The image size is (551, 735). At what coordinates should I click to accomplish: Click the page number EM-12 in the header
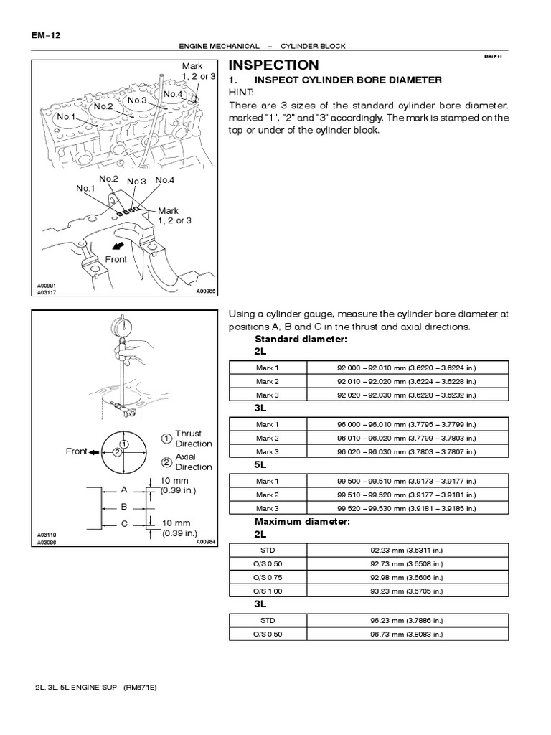44,34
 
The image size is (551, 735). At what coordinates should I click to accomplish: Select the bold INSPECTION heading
273,65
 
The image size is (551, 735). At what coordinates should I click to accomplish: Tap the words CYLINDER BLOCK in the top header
314,46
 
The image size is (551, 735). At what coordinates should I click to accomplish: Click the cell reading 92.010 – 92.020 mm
406,381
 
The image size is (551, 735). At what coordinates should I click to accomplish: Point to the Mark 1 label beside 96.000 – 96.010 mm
267,425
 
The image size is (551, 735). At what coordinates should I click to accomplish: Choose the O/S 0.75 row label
267,576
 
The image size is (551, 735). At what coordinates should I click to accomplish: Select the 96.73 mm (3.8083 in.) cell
406,634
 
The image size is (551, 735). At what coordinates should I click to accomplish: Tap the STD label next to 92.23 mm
267,550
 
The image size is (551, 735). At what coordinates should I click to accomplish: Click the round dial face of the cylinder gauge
125,327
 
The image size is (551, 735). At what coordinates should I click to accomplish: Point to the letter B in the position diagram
123,506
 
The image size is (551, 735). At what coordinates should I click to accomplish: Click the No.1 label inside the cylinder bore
67,116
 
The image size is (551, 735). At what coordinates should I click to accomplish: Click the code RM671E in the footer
138,687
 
